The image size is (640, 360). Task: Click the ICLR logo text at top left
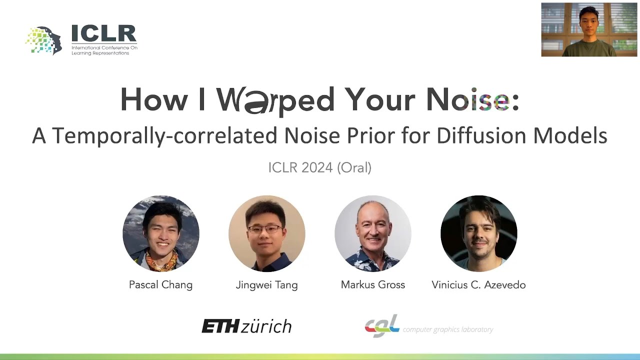coord(104,34)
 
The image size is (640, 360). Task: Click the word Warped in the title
coord(275,100)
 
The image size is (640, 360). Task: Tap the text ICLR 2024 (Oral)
coord(319,167)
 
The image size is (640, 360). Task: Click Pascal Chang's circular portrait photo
coord(161,233)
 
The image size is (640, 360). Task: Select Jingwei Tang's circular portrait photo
coord(267,233)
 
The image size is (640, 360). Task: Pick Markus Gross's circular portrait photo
coord(373,233)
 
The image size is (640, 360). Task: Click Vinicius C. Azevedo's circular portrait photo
coord(479,233)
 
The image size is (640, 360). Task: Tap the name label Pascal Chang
coord(161,285)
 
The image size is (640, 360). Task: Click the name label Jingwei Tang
coord(267,285)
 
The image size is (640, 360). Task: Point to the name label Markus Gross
coord(373,285)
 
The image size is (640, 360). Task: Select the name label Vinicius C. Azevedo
coord(478,285)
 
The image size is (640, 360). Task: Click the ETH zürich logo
coord(246,326)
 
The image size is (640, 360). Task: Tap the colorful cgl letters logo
coord(382,326)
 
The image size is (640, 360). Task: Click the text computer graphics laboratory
coord(448,329)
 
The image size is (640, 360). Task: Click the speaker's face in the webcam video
coord(588,18)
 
